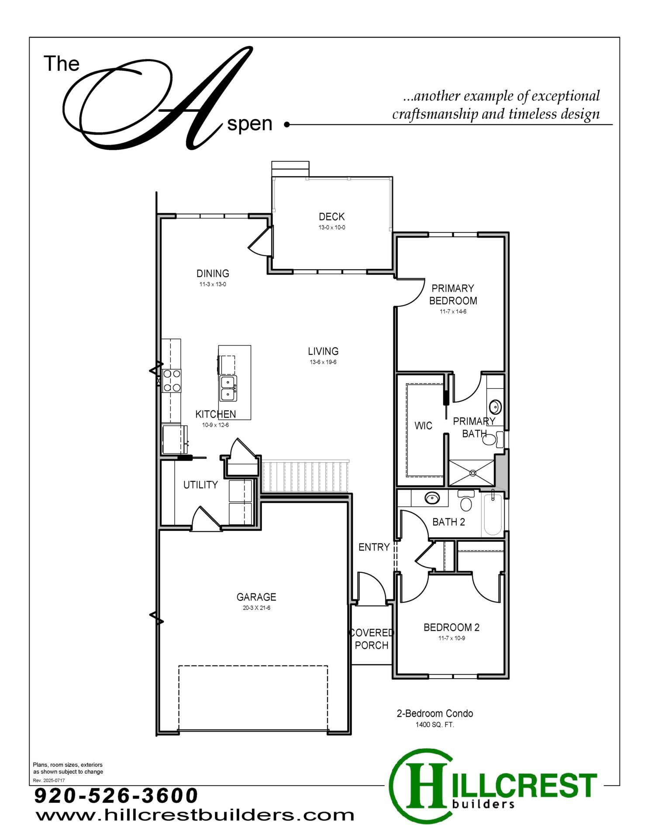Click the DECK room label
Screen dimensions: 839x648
tap(331, 216)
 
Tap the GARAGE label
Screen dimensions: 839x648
tap(256, 597)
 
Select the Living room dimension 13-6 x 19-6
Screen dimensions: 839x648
tap(323, 362)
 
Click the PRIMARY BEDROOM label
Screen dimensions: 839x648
tap(453, 295)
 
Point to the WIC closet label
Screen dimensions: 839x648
tap(423, 426)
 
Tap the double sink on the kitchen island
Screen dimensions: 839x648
tap(228, 388)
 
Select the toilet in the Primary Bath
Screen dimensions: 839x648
tap(492, 438)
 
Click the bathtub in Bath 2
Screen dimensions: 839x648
tap(493, 513)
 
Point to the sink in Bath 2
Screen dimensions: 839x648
tap(432, 498)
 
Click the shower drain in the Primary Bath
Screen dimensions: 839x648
tap(472, 473)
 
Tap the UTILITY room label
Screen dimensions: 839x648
tap(200, 485)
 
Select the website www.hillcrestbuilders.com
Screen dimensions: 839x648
tap(195, 815)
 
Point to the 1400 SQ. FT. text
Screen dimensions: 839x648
tap(435, 725)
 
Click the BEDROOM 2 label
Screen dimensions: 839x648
tap(452, 628)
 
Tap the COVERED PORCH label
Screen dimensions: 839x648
tap(372, 639)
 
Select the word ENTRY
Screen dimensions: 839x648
tap(374, 547)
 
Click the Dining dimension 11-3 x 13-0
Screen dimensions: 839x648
tap(213, 284)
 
